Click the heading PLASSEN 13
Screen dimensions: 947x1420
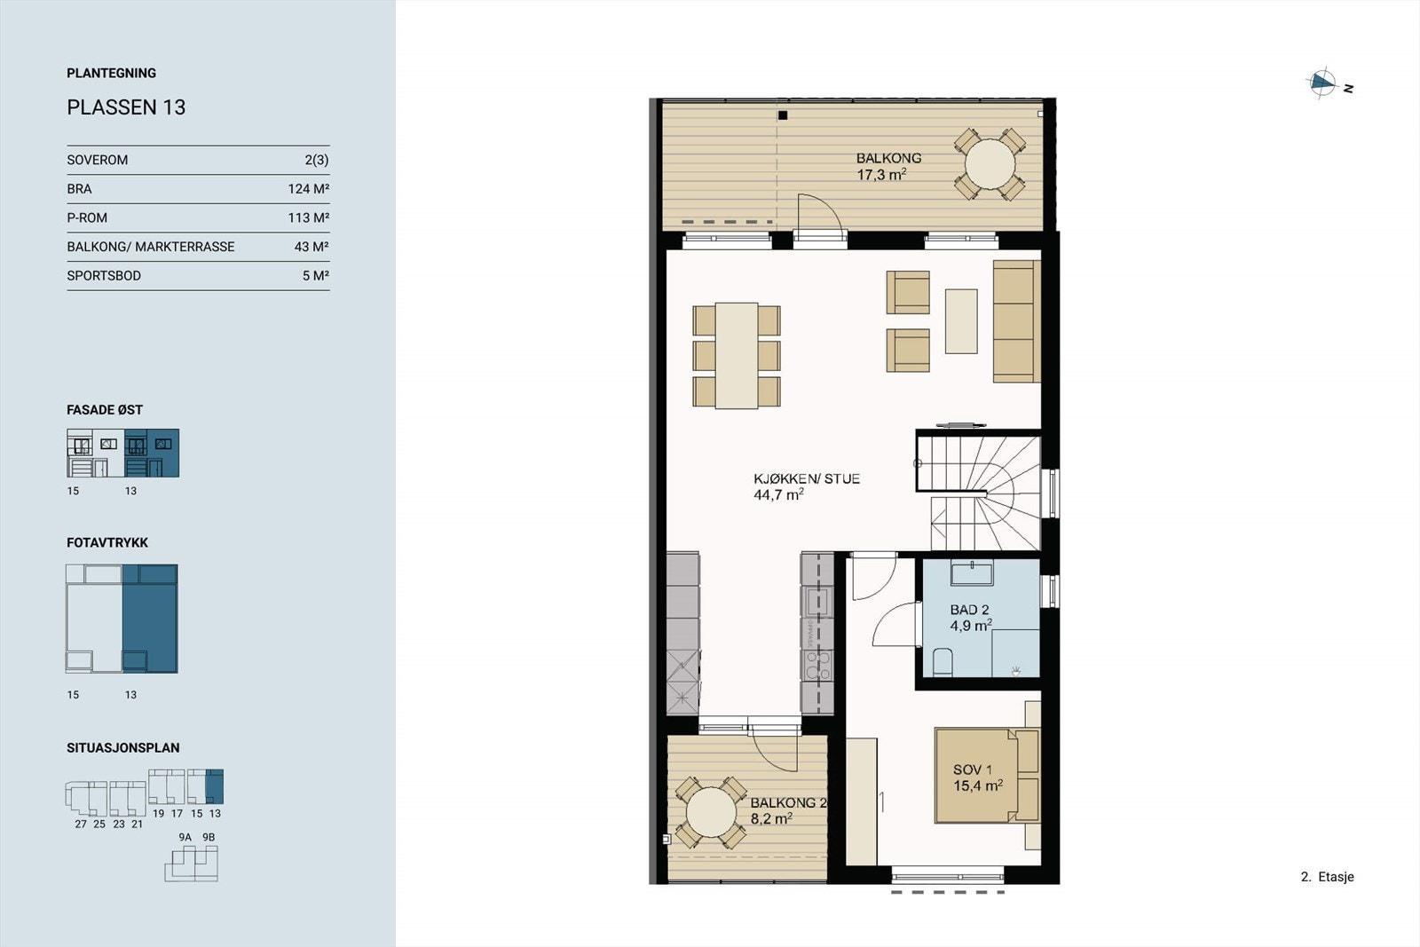click(126, 107)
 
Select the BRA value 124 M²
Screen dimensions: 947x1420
click(308, 189)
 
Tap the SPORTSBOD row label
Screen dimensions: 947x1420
click(104, 276)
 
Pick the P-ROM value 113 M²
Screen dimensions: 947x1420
click(308, 218)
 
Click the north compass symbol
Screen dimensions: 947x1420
click(1322, 83)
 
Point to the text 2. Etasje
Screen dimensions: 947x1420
click(1327, 877)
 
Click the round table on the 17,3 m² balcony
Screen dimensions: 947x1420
click(990, 164)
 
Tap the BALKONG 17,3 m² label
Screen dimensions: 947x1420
click(888, 167)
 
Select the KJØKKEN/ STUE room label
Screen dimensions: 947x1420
click(806, 486)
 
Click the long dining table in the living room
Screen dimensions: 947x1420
click(737, 356)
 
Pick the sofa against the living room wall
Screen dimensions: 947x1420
click(1015, 320)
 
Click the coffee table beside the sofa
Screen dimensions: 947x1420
click(961, 320)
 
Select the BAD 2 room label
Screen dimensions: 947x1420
click(969, 618)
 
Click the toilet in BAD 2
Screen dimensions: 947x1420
click(943, 661)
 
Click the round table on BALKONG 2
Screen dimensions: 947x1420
click(710, 813)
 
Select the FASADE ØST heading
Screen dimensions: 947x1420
click(105, 410)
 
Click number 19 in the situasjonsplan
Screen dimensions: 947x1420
click(158, 813)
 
